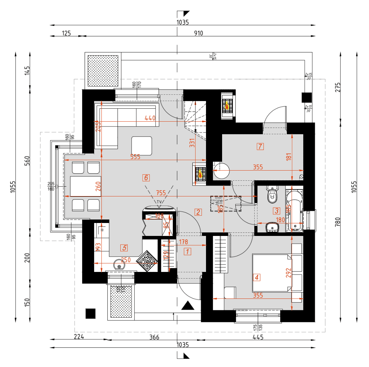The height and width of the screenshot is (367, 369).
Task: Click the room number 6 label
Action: coord(146,178)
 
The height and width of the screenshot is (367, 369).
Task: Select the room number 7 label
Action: coord(260,146)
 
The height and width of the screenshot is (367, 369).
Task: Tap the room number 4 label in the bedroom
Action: coord(257,278)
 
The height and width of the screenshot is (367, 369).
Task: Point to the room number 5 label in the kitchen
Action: coord(124,248)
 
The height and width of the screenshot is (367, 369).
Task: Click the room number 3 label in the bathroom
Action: coord(277,211)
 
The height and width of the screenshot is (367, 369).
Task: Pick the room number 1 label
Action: coord(187,251)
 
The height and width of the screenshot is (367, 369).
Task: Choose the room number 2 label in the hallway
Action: coord(198,212)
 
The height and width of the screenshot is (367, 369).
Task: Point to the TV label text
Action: coord(159,202)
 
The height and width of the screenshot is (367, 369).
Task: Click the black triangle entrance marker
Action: coord(188,306)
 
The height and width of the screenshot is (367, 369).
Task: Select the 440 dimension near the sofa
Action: coord(150,118)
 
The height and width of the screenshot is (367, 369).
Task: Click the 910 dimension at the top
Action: coord(198,33)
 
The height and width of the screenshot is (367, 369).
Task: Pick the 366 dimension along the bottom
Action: coord(154,337)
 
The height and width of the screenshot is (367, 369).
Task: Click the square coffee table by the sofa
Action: coord(142,146)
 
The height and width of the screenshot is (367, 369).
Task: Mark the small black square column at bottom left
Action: coord(91,314)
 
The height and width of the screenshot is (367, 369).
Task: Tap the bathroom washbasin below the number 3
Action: coord(272,228)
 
